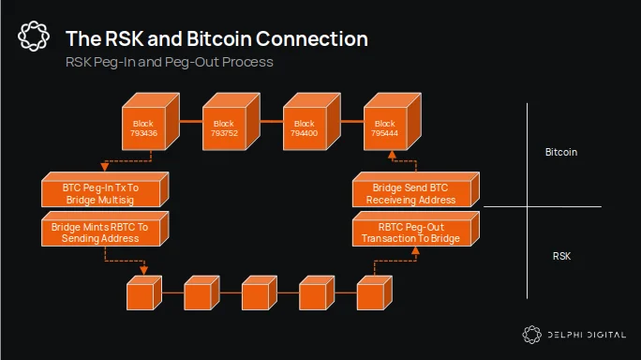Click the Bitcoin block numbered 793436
point(151,122)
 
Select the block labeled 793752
point(231,122)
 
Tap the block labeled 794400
point(312,122)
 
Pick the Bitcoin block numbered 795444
point(393,122)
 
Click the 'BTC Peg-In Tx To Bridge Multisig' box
point(105,189)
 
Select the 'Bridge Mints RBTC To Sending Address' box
point(105,229)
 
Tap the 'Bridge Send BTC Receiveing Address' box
point(416,189)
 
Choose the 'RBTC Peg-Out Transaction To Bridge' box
point(416,229)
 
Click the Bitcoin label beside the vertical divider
point(561,152)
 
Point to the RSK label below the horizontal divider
point(561,256)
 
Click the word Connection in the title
point(312,38)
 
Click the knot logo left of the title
point(34,37)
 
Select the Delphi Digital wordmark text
point(587,335)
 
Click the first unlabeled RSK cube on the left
point(144,292)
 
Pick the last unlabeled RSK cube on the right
point(375,292)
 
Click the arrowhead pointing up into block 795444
point(392,155)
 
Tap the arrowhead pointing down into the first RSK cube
point(144,270)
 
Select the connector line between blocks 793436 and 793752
point(191,122)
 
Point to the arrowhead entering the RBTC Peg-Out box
point(415,250)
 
